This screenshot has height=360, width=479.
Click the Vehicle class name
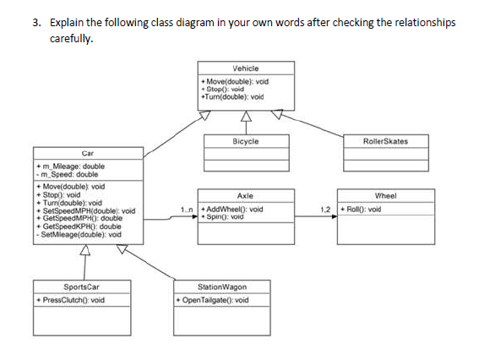(x=244, y=68)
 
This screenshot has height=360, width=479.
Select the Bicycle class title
(x=244, y=141)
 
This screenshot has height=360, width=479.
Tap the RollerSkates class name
(x=384, y=141)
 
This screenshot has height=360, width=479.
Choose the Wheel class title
(x=384, y=195)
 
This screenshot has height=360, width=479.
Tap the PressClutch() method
(x=71, y=300)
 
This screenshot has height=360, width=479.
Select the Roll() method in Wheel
(x=362, y=209)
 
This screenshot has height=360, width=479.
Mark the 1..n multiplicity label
(x=188, y=209)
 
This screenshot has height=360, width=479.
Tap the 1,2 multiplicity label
(x=325, y=209)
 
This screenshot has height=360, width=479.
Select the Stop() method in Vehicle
(x=222, y=89)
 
